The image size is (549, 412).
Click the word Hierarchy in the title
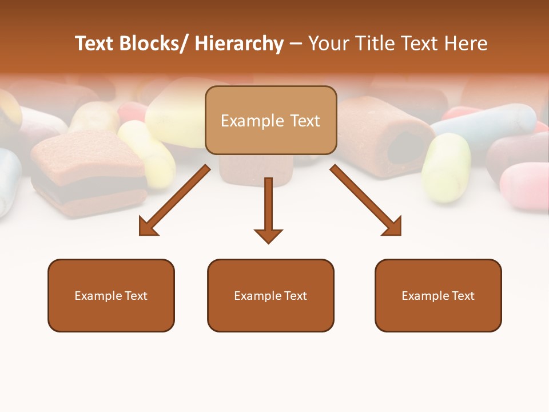[x=239, y=43]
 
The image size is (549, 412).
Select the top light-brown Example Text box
[x=270, y=120]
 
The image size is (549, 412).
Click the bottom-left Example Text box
[x=111, y=295]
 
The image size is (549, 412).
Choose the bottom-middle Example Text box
[x=270, y=295]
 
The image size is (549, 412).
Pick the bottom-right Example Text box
[x=438, y=295]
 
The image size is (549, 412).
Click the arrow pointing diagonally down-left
[x=174, y=201]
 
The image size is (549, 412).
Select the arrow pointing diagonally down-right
[x=366, y=201]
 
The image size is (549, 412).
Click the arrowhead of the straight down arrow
[x=268, y=236]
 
